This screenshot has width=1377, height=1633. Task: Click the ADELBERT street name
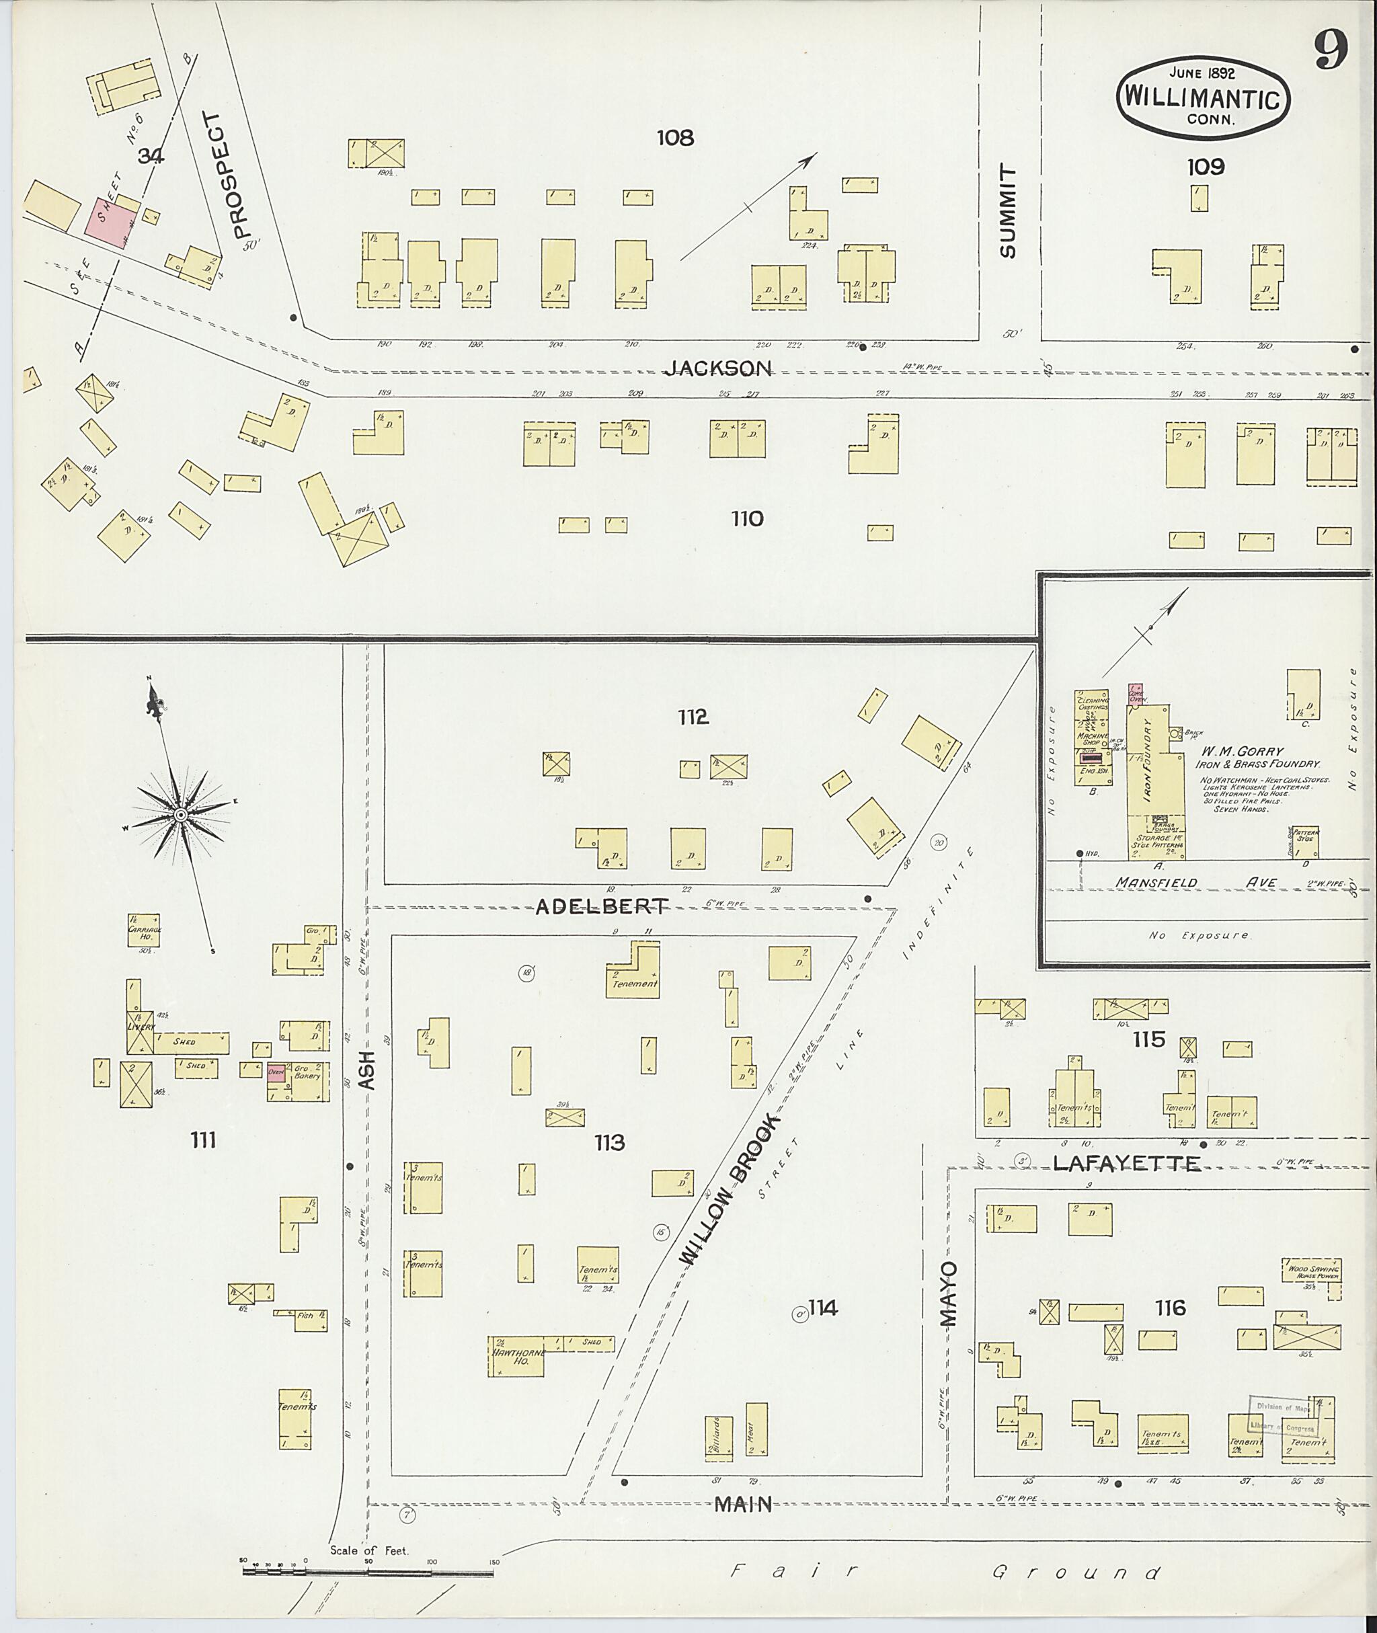click(x=602, y=906)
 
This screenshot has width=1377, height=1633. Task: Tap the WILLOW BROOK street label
click(x=729, y=1191)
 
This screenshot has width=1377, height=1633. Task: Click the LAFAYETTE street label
click(x=1126, y=1164)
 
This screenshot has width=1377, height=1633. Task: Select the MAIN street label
click(x=744, y=1503)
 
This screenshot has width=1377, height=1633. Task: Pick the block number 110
click(x=746, y=518)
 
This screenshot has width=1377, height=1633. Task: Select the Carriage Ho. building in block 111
click(x=144, y=930)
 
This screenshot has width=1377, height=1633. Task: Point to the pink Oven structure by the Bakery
click(x=276, y=1071)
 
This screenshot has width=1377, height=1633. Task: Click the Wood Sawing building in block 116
click(x=1310, y=1269)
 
